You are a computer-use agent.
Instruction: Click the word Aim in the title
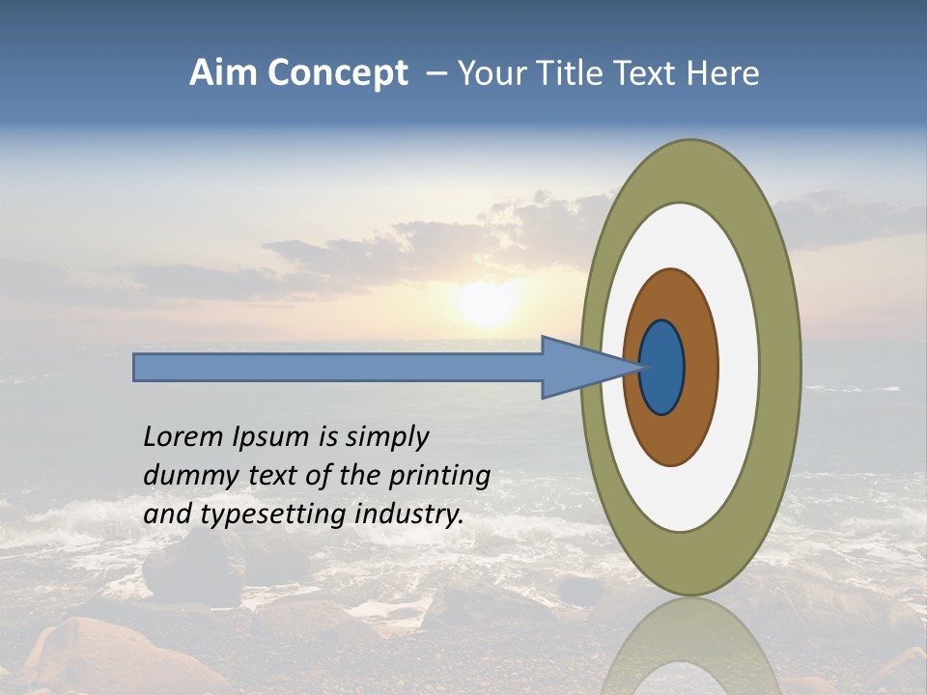[x=223, y=73]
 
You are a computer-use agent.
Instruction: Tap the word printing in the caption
[x=440, y=476]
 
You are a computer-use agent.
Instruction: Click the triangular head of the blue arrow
[x=579, y=367]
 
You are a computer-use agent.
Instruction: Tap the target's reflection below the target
[x=690, y=647]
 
